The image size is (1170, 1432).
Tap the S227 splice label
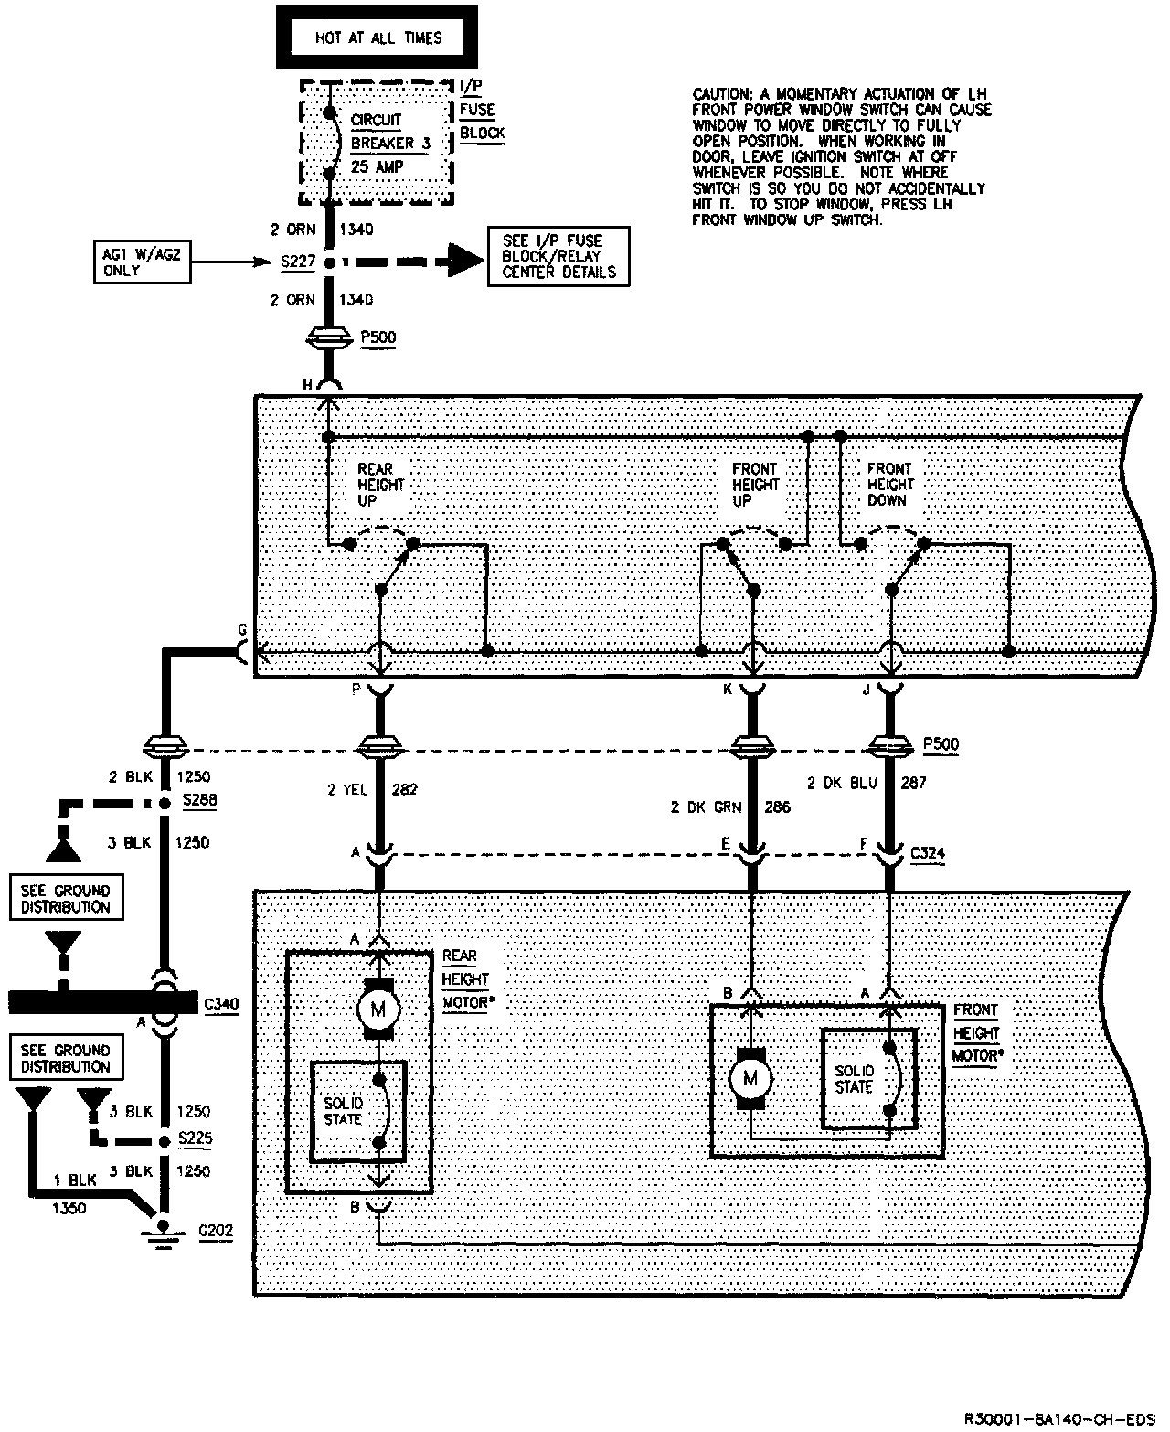[x=297, y=262]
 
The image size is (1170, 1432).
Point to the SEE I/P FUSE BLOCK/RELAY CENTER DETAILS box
[x=558, y=255]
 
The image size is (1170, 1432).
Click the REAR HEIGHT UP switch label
[x=379, y=485]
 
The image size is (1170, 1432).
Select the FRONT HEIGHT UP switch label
[x=755, y=485]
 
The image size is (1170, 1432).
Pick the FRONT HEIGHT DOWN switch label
[x=889, y=485]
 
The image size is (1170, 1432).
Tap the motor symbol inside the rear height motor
[x=378, y=1010]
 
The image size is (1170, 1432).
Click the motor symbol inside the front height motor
[x=751, y=1079]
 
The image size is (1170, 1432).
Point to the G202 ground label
[x=216, y=1230]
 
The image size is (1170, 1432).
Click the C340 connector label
[x=221, y=1005]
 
